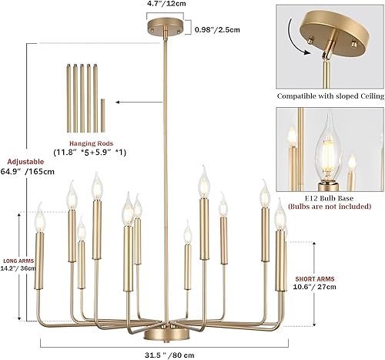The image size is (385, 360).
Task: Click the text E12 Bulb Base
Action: (x=330, y=197)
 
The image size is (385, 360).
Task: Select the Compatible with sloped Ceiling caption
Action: (x=330, y=97)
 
